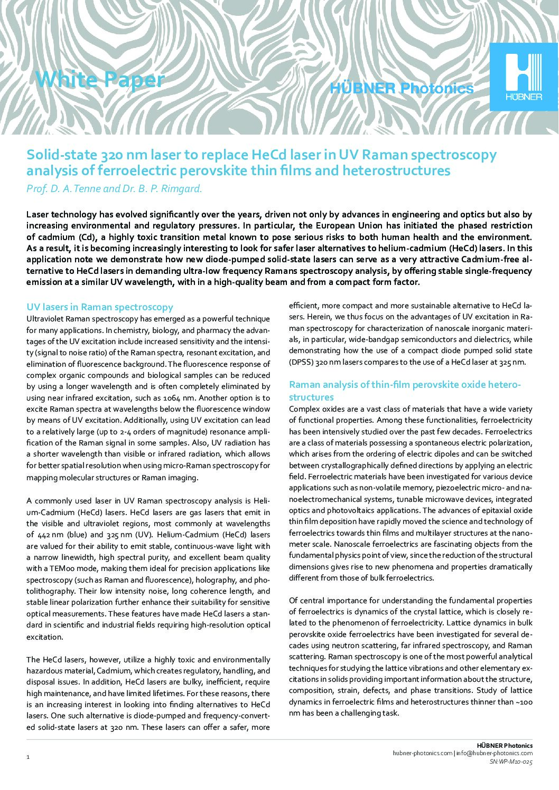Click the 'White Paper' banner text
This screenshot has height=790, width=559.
point(100,80)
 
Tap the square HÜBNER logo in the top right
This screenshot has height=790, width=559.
point(524,77)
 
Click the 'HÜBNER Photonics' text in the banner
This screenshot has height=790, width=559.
point(401,89)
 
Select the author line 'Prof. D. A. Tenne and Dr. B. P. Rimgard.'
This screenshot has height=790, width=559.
point(114,188)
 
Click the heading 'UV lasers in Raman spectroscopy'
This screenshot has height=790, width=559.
point(100,307)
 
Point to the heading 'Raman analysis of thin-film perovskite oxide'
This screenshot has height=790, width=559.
point(405,385)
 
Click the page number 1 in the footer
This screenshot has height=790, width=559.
point(28,758)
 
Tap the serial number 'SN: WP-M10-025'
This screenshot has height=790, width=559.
point(511,762)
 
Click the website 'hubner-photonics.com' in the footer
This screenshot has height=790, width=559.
point(423,754)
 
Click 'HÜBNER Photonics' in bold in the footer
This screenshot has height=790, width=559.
point(505,745)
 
